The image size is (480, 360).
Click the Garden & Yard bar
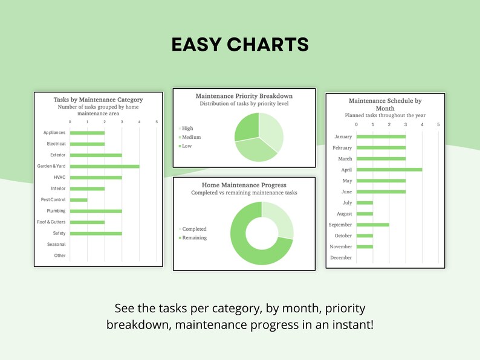pos(105,166)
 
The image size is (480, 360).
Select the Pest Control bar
pos(79,200)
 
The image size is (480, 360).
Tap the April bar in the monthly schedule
pos(389,170)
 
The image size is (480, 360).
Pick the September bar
pos(373,225)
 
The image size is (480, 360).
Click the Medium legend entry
pos(190,137)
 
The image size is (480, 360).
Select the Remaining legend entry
pos(193,237)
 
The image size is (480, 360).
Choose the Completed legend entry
pos(193,229)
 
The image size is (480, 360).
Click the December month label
pos(341,257)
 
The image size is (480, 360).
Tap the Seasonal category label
pos(56,245)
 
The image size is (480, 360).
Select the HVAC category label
pos(60,178)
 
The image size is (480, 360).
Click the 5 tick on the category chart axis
pos(157,122)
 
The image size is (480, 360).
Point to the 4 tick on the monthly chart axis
pos(422,124)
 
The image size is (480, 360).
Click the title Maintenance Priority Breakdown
pos(244,96)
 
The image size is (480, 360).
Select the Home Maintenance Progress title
pos(244,185)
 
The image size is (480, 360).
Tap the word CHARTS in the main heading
pos(268,45)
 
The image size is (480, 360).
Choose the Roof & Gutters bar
pos(87,222)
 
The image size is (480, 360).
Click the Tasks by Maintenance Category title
pos(99,100)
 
